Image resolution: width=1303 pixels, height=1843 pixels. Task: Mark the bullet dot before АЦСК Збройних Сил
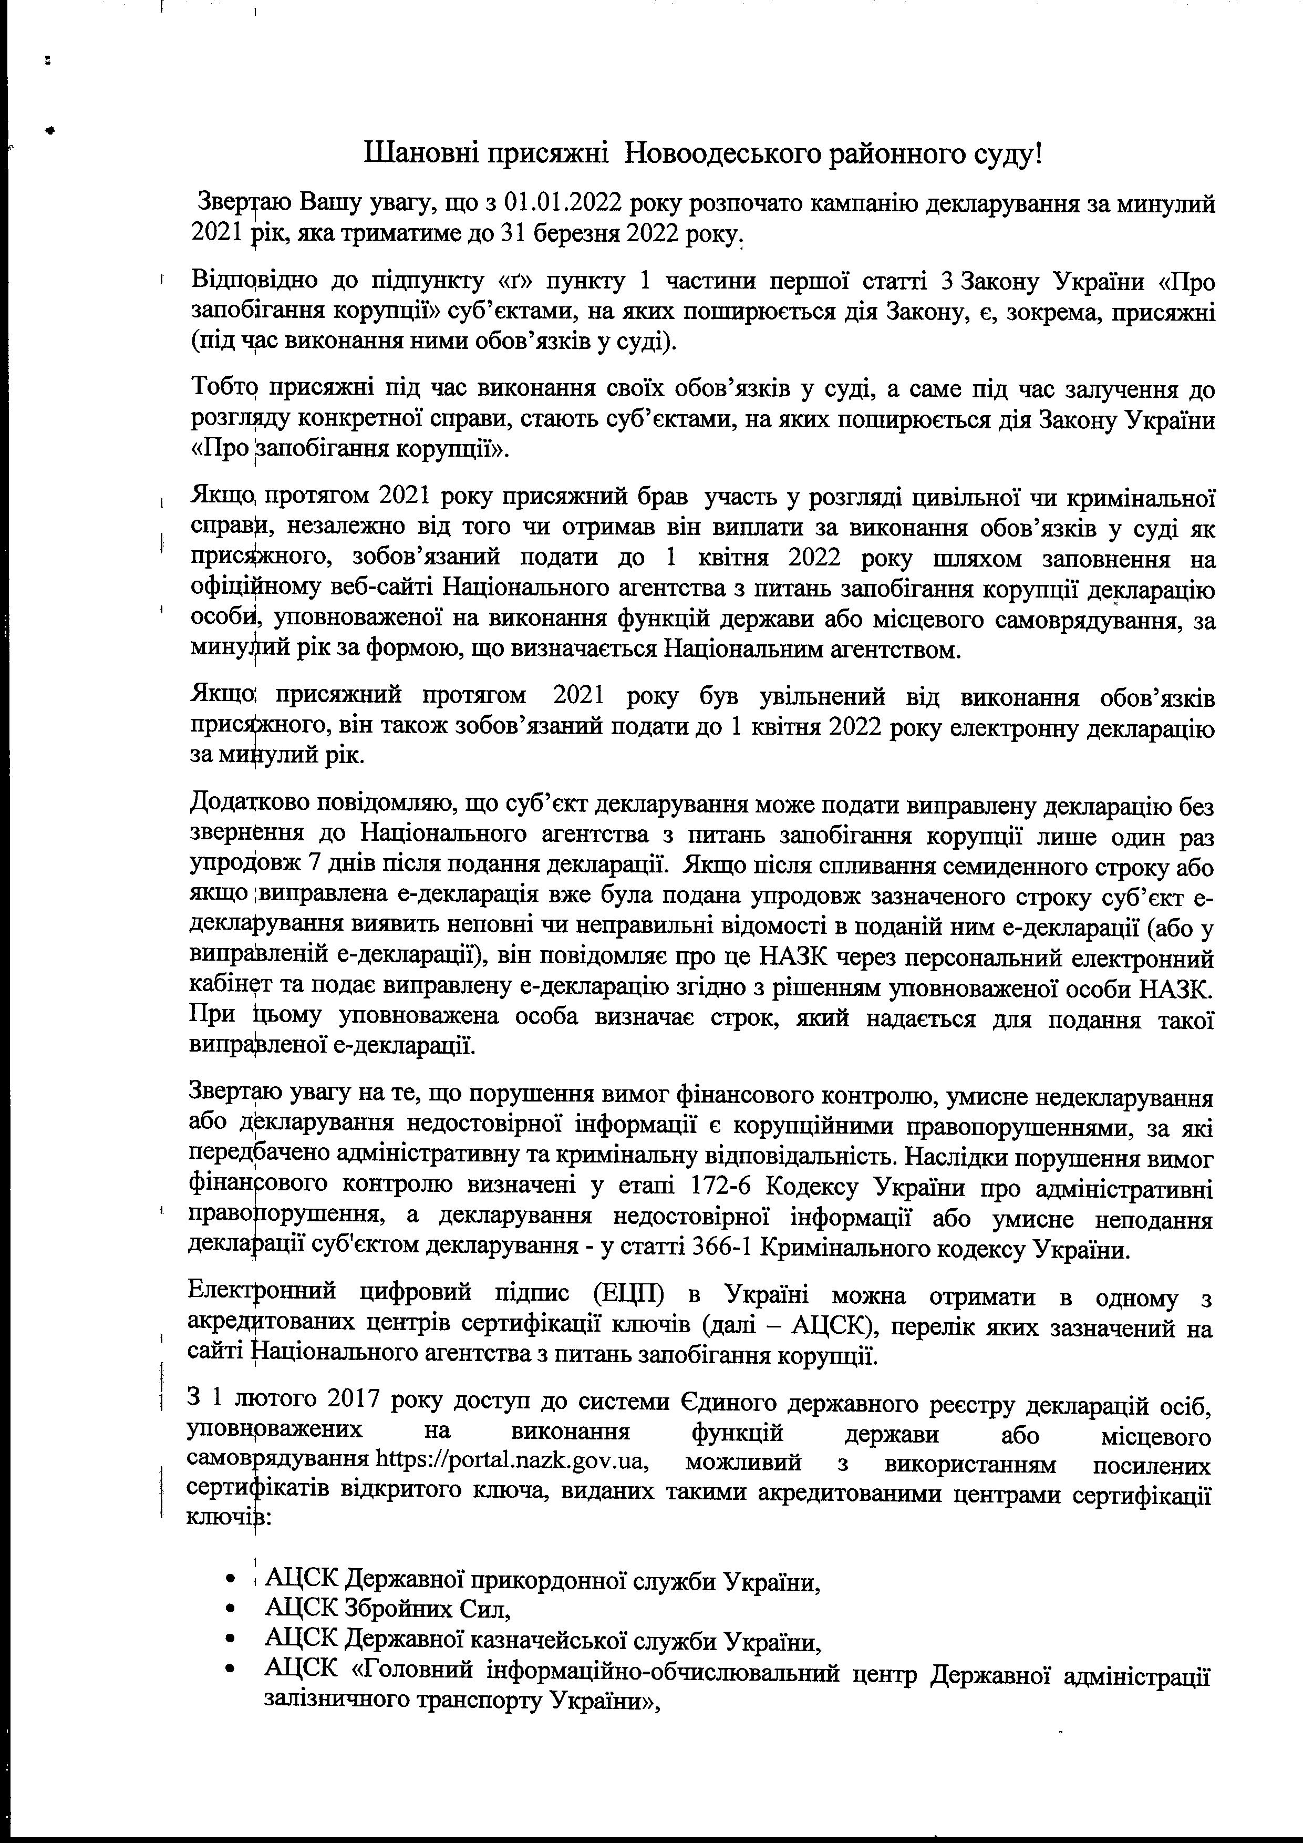point(231,1610)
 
